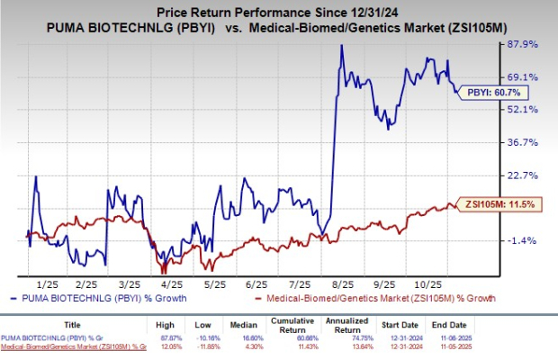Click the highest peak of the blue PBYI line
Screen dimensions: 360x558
coord(340,45)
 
